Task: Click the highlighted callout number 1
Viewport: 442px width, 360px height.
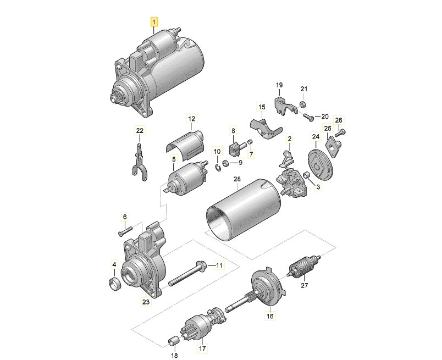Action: coord(154,22)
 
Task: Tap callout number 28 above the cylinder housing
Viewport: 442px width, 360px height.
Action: coord(237,180)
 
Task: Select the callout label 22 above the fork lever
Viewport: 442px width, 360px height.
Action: coord(140,130)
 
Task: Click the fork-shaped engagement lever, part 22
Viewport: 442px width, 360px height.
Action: coord(139,162)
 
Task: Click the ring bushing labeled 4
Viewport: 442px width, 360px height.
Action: coord(115,285)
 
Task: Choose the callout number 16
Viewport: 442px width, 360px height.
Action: coord(269,317)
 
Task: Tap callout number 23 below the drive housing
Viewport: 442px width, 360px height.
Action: coord(145,301)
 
